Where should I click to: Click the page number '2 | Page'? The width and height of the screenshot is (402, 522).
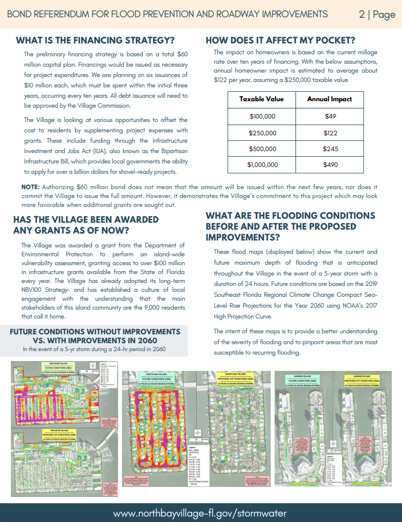tap(377, 14)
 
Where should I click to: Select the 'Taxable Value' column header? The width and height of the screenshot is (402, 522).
tap(261, 99)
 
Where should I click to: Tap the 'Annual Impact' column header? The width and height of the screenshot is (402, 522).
tap(329, 99)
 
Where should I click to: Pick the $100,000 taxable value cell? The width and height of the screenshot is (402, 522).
tap(262, 117)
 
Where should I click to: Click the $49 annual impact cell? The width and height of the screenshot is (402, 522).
tap(330, 117)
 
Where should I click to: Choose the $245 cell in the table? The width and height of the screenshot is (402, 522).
tap(330, 149)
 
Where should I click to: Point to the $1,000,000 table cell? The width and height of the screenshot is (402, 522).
tap(262, 165)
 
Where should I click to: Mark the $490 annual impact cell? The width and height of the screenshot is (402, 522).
tap(330, 165)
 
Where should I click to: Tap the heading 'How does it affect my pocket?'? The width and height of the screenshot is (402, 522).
tap(280, 40)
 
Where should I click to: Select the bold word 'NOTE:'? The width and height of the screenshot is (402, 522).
tap(31, 187)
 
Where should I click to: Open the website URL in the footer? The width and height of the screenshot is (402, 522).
tap(200, 513)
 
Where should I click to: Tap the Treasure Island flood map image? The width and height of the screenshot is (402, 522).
tap(62, 428)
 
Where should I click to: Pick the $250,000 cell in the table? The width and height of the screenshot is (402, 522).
tap(262, 133)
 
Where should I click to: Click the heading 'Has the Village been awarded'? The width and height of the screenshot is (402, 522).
tap(86, 219)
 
